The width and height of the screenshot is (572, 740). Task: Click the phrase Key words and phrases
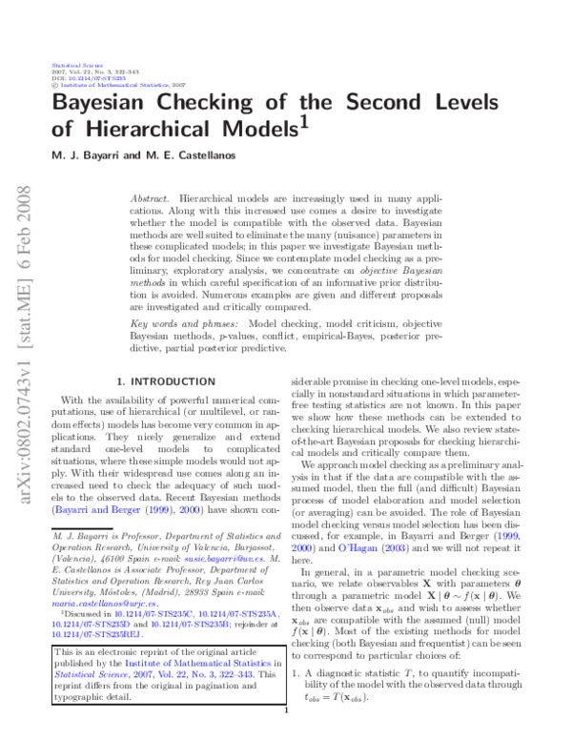[x=183, y=325]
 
